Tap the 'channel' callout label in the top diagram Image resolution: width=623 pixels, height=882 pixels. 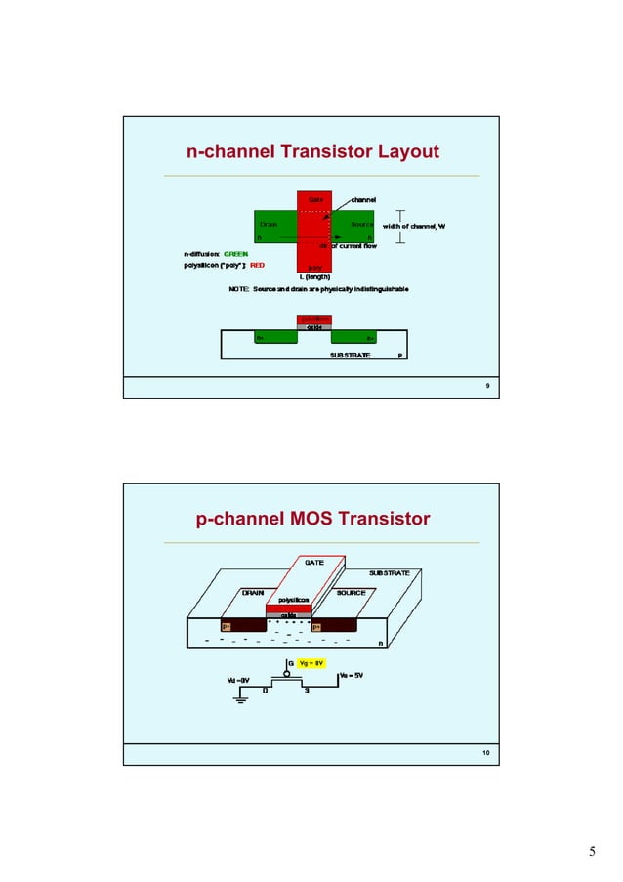coord(363,199)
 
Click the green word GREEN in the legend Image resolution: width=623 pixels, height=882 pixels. coord(235,254)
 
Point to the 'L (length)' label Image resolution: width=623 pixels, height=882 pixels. coord(315,277)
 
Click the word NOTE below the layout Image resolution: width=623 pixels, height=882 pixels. coord(239,290)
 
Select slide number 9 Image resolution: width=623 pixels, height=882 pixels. coord(487,388)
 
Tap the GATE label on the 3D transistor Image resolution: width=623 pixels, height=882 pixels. coord(314,563)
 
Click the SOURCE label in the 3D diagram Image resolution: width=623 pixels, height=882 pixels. coord(351,592)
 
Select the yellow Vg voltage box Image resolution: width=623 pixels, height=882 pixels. coord(311,663)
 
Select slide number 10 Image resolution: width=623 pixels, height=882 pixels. coord(485,754)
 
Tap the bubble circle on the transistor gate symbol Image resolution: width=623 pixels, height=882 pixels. coord(288,673)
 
